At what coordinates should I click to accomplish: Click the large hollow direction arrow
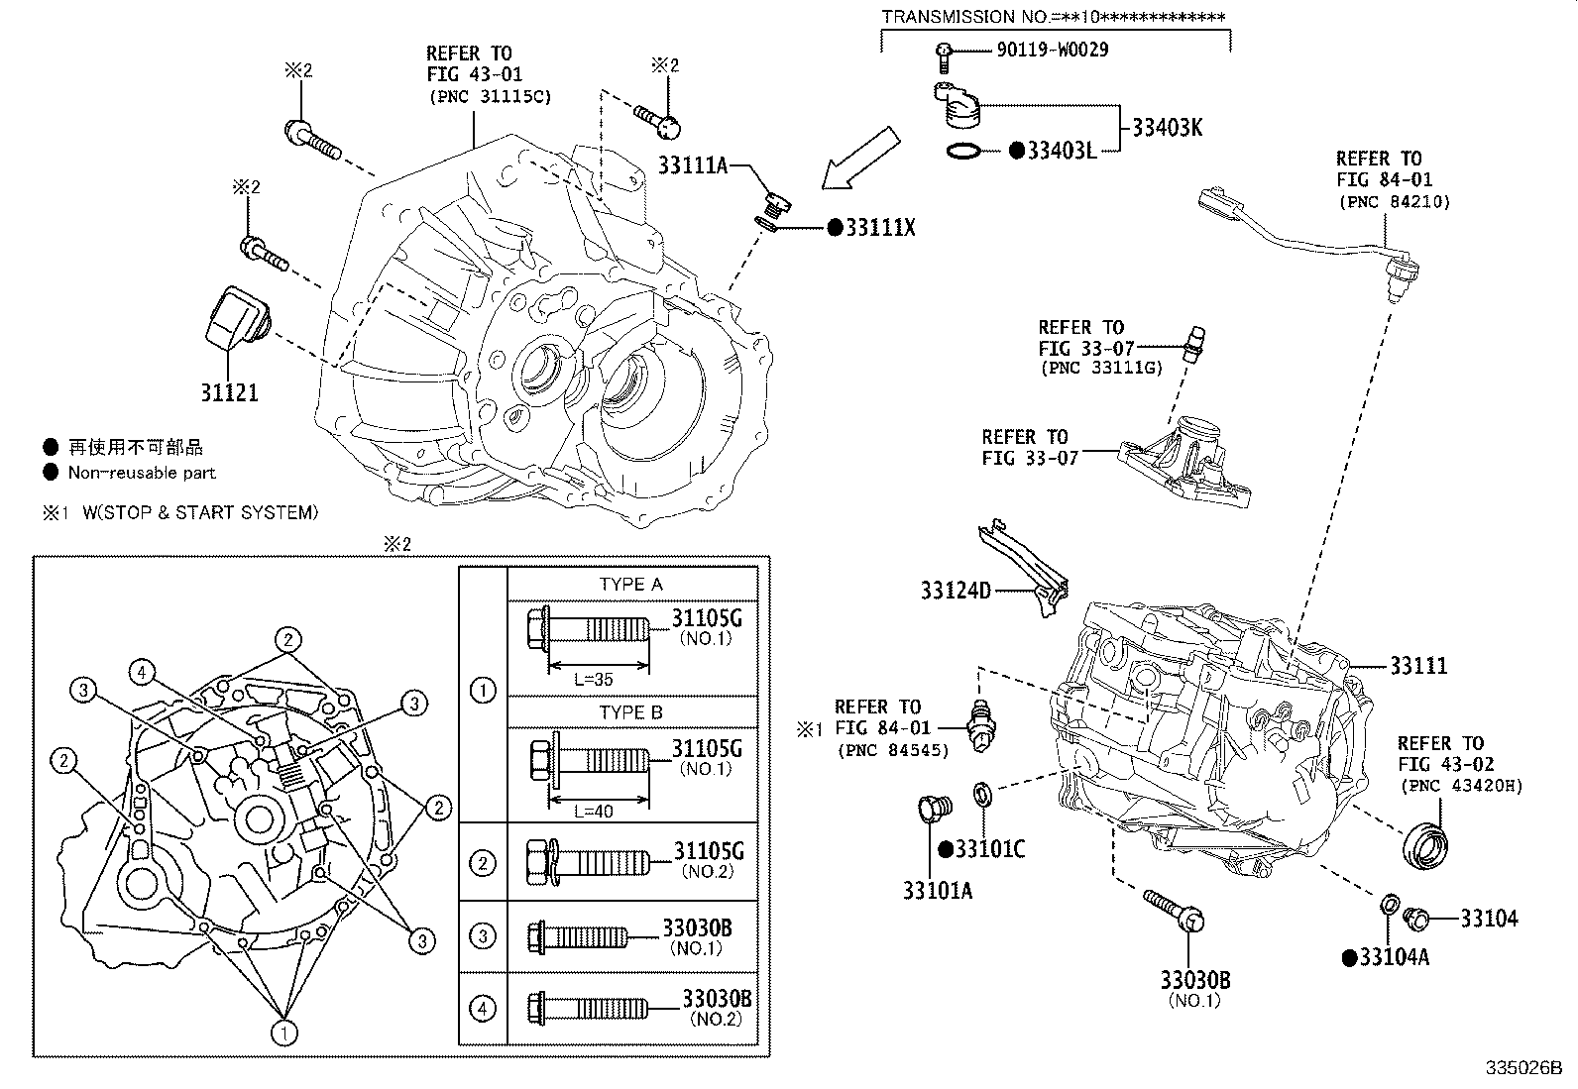point(858,158)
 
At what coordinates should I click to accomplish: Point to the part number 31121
point(229,392)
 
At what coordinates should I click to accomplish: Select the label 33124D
point(956,592)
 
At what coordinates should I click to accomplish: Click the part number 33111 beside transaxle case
point(1417,667)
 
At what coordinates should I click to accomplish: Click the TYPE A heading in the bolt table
point(630,585)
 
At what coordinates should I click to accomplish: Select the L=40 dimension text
point(594,811)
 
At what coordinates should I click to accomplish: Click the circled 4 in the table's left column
point(483,1009)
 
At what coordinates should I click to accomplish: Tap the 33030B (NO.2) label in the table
point(716,1007)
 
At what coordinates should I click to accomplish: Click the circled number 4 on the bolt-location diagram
point(143,674)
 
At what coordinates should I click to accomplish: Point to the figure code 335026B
point(1522,1069)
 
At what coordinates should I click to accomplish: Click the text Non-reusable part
point(142,473)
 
